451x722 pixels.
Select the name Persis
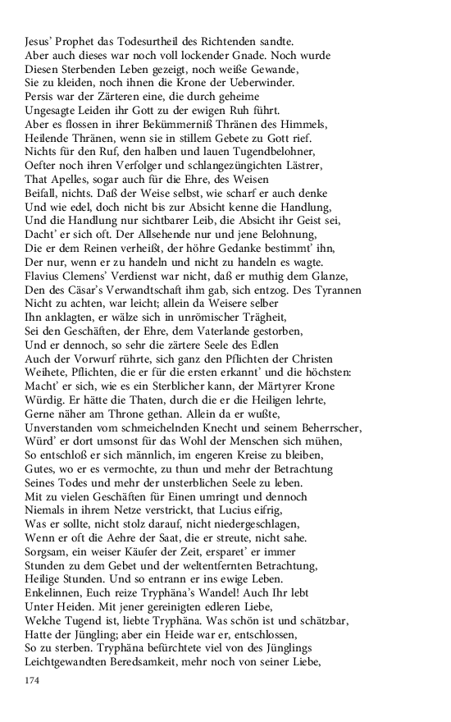(x=40, y=97)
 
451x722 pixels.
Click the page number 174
(x=33, y=681)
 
